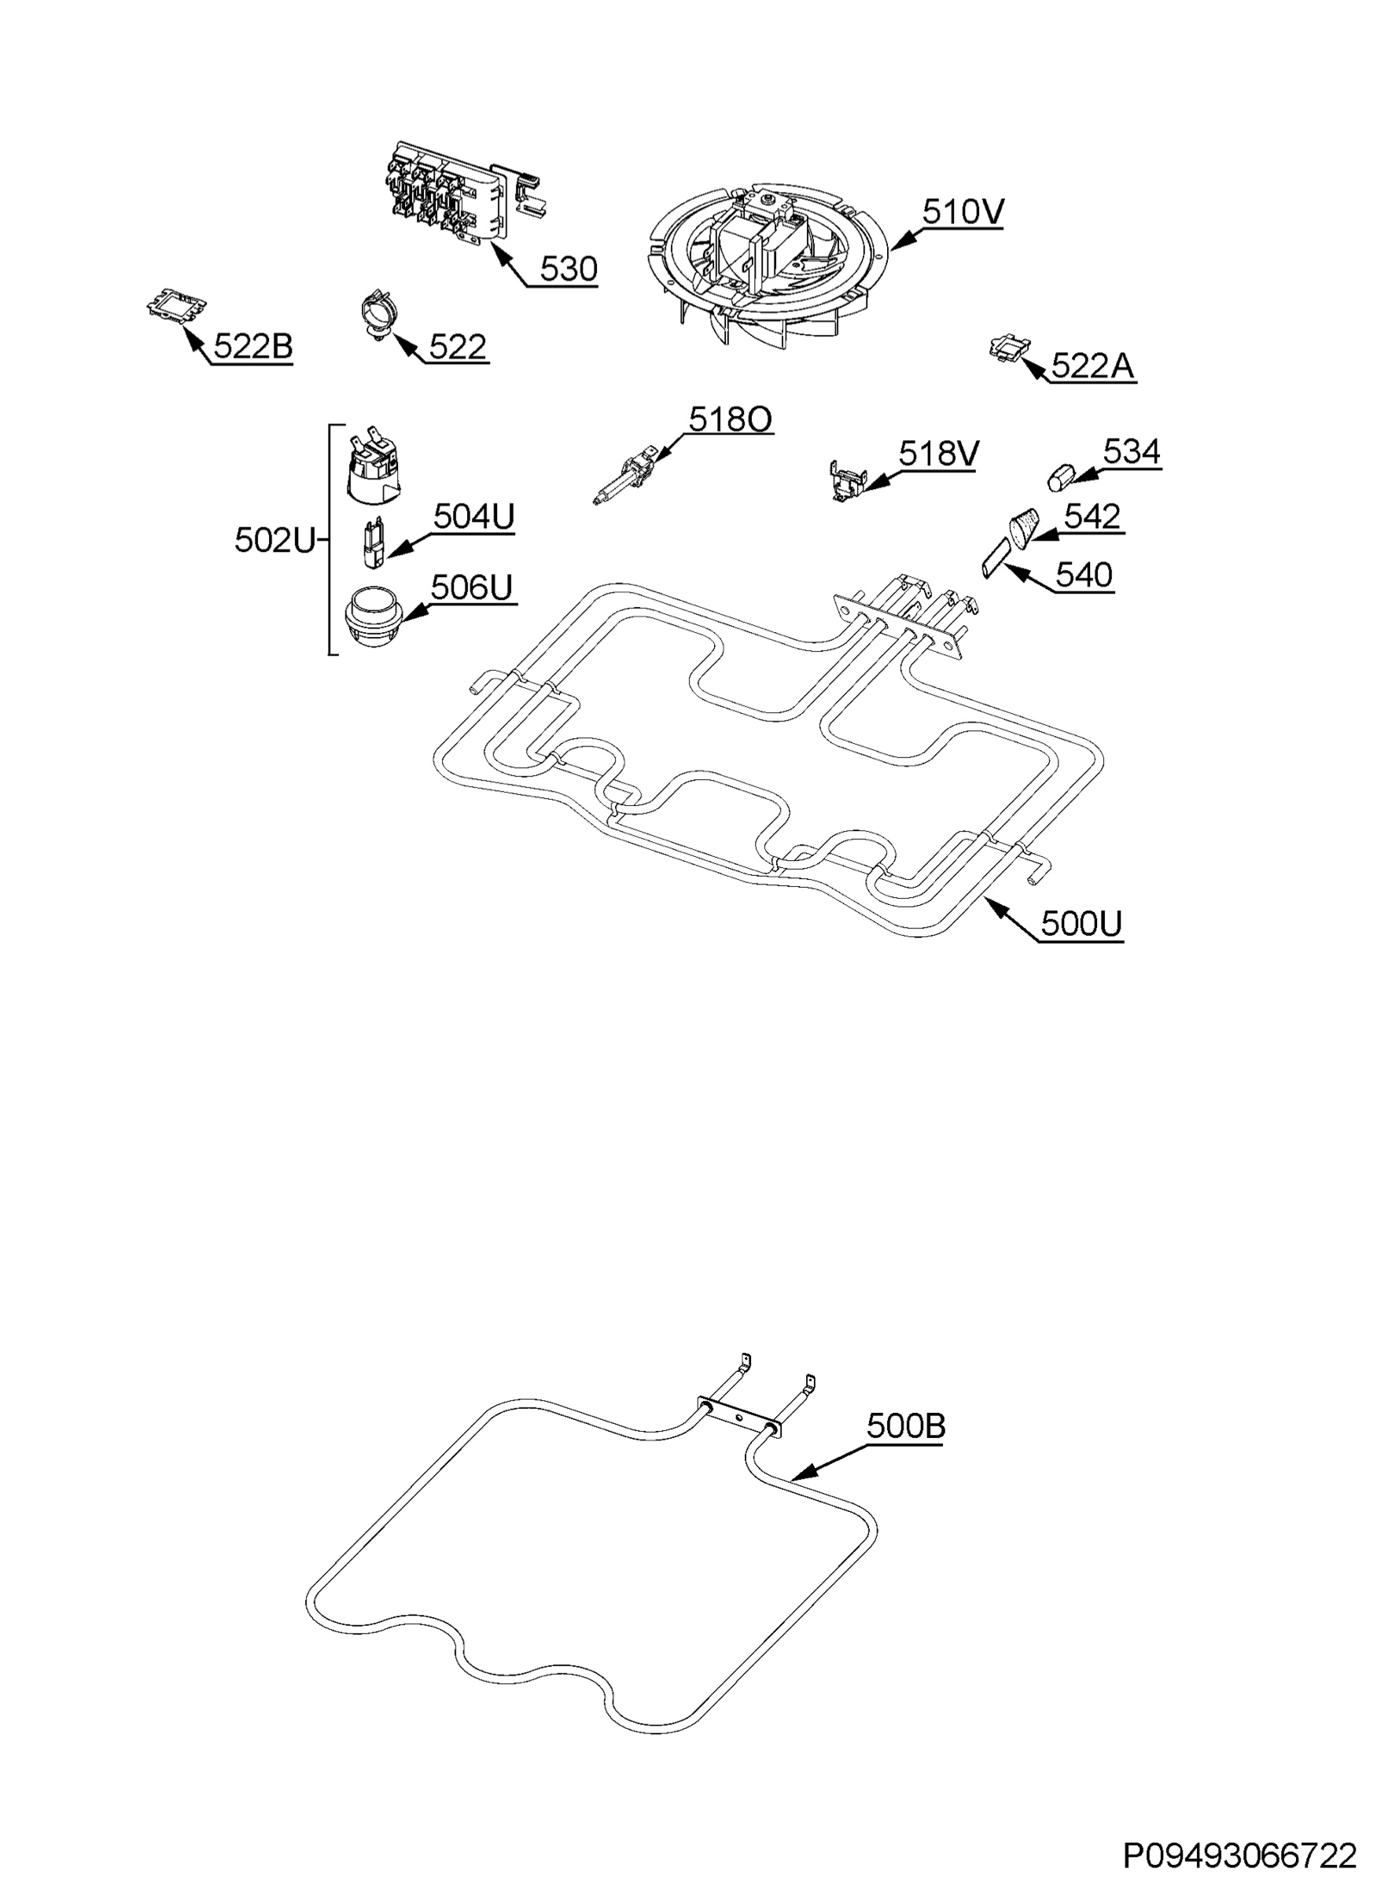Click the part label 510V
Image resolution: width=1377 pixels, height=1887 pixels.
tap(963, 212)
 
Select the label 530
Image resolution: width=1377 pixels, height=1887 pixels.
tap(569, 269)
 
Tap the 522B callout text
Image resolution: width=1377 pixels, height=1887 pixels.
tap(253, 347)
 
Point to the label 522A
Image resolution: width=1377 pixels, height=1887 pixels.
tap(1093, 365)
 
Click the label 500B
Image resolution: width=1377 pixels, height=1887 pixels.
tap(906, 1449)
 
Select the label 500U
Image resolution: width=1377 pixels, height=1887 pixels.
tap(1082, 924)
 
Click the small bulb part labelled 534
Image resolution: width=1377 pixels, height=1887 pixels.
tap(1059, 478)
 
